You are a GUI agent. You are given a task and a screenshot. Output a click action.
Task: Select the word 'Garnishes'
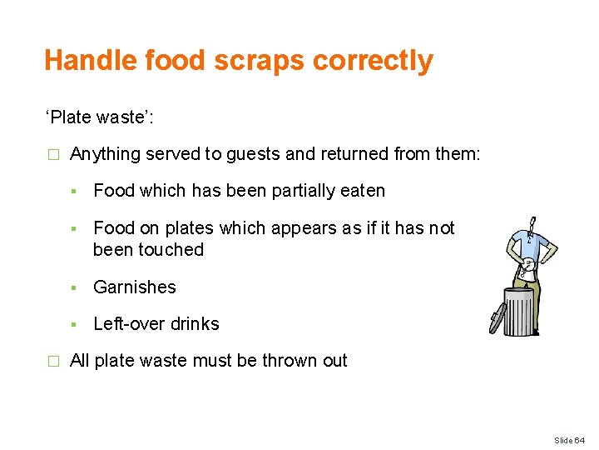135,287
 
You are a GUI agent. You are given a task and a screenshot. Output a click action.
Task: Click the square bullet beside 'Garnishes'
76,288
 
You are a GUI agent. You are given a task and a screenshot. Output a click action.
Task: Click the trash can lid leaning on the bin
498,317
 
